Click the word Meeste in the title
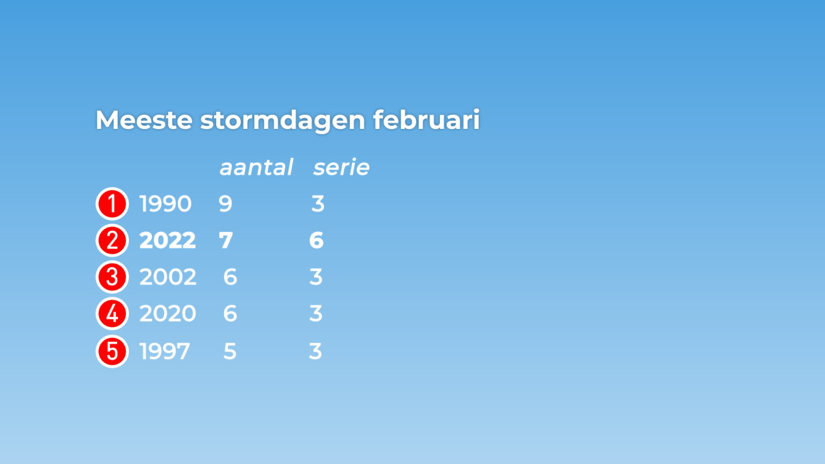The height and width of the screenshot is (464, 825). point(144,120)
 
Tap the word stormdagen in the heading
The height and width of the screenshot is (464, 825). point(282,121)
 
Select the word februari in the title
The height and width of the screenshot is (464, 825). point(426,120)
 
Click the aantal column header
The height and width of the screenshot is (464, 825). point(256,168)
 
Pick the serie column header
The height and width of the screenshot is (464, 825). point(341,168)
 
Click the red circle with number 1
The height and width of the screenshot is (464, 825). point(112,204)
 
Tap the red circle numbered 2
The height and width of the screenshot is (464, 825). point(112,240)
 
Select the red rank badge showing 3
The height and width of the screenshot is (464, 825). point(112,277)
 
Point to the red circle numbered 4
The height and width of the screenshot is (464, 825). point(112,314)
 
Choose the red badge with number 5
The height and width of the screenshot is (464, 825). point(112,352)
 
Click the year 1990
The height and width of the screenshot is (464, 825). point(165,204)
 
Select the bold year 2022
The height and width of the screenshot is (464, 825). point(168,240)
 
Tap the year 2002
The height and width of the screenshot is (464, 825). point(168,277)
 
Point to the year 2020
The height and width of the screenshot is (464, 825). point(168,314)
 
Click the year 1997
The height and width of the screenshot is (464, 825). point(165,352)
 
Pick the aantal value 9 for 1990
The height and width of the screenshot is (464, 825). point(226,204)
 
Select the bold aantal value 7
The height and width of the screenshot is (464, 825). point(226,240)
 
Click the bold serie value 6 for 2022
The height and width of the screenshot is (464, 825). point(316,240)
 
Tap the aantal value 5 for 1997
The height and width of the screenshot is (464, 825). point(230,352)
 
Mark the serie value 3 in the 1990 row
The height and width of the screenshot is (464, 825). point(318,204)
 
